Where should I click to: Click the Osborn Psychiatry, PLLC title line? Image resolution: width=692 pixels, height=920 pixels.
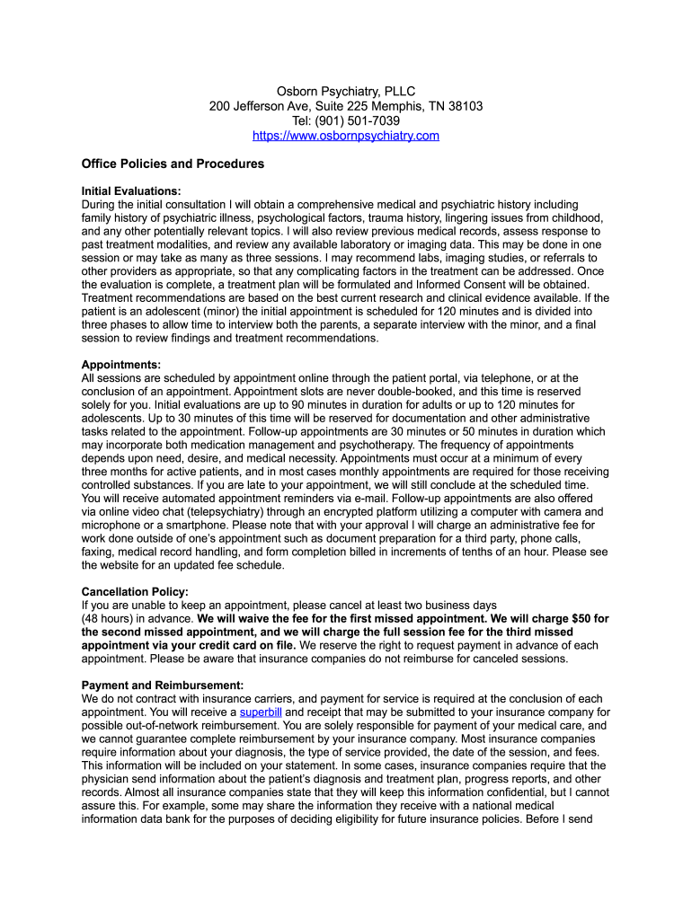click(x=346, y=91)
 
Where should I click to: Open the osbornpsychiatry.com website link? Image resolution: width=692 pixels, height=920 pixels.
click(x=346, y=136)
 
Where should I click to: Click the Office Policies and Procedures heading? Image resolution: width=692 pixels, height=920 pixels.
click(x=173, y=164)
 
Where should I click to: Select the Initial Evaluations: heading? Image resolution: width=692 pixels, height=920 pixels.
click(x=131, y=191)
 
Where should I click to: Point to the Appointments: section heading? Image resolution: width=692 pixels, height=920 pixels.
click(x=121, y=365)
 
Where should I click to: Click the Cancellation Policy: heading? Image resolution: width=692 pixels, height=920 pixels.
click(x=135, y=592)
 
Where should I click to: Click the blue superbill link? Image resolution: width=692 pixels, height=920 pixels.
click(x=261, y=712)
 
